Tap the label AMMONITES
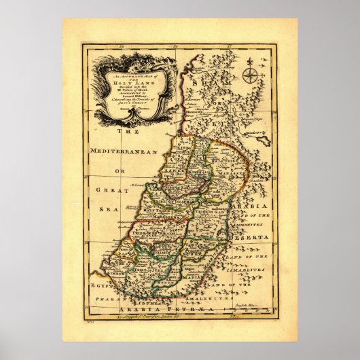[255, 227]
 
